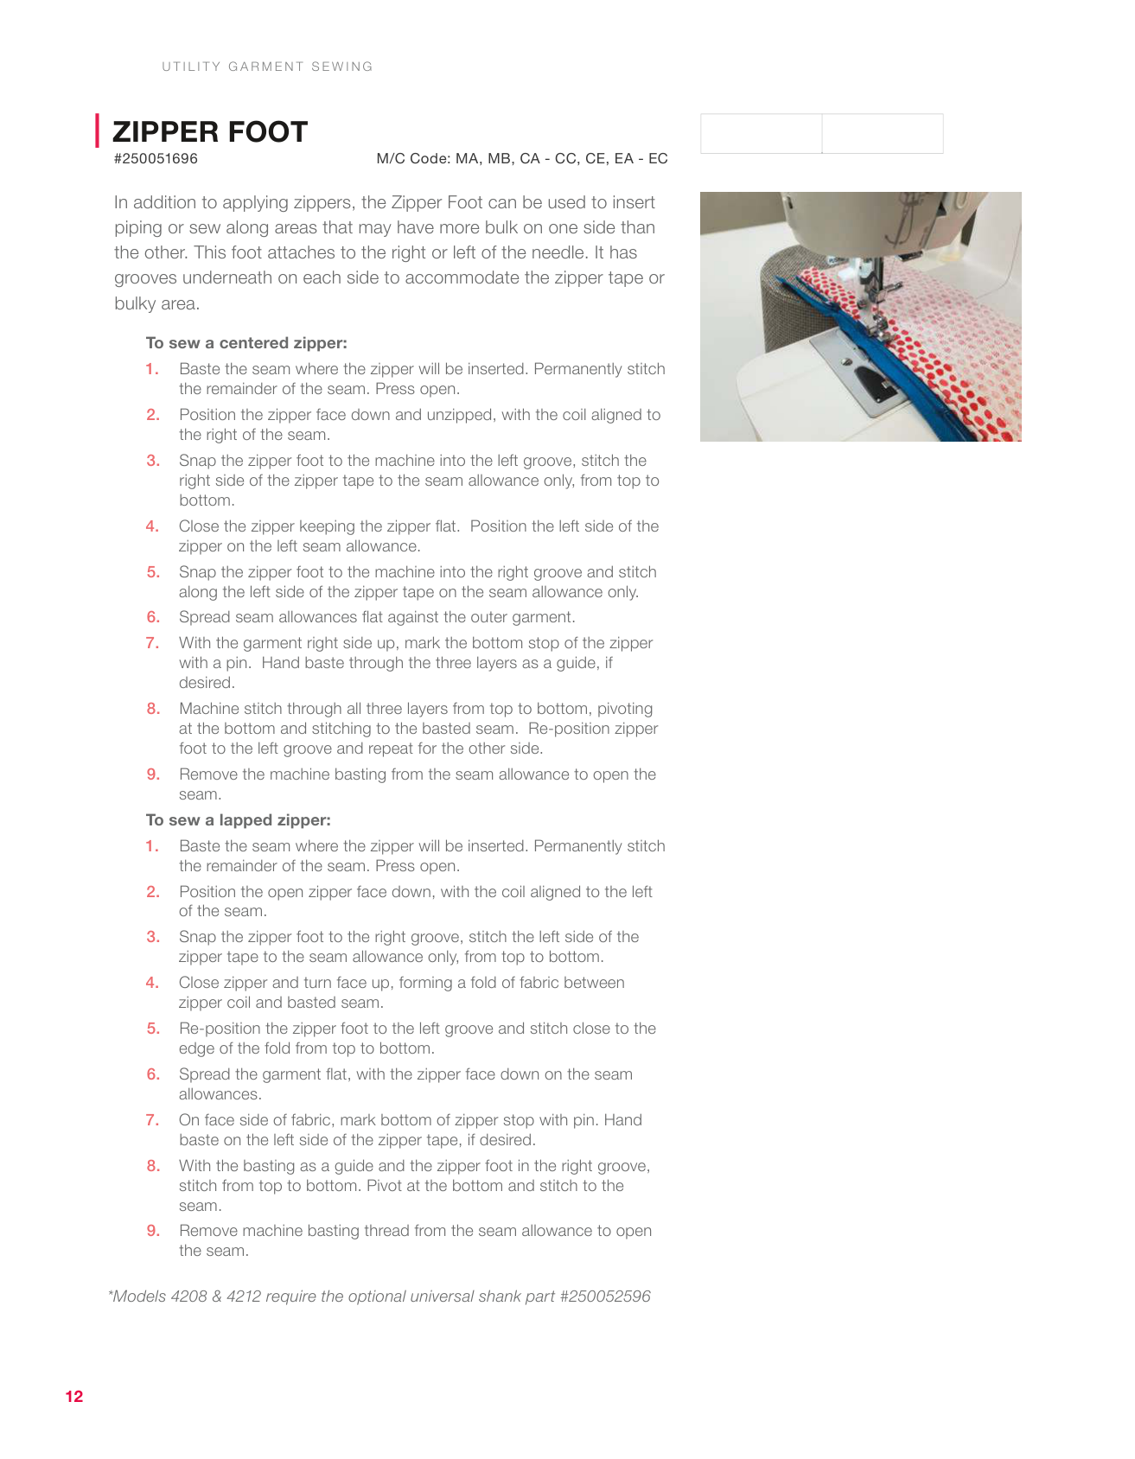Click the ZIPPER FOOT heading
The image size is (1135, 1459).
pos(210,132)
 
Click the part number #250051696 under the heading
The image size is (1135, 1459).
pos(156,159)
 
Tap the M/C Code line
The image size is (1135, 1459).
pos(521,159)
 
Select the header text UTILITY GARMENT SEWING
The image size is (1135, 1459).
pos(267,67)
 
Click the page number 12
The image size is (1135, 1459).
pos(74,1397)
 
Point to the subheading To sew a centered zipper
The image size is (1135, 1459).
pos(246,343)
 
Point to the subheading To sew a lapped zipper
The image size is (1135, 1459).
pos(239,820)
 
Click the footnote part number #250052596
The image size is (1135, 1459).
pos(605,1297)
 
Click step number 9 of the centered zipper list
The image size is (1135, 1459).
pos(153,774)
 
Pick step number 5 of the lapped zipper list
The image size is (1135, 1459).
pos(153,1029)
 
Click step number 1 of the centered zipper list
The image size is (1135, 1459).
pos(152,369)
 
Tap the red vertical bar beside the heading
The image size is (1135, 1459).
pos(98,131)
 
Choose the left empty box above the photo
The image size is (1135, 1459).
pos(761,134)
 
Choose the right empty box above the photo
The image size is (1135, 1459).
pos(883,134)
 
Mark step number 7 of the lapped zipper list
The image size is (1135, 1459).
pos(152,1120)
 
